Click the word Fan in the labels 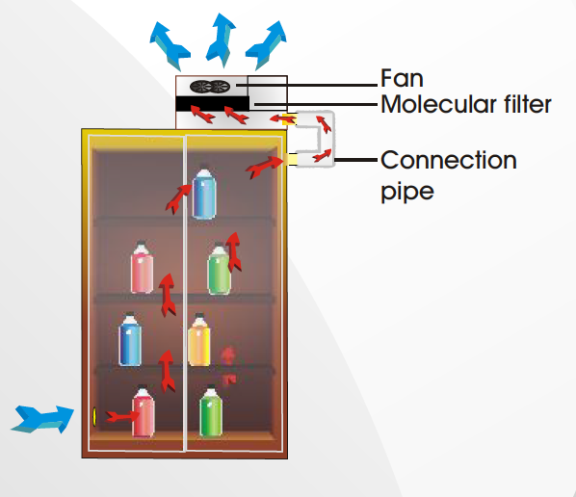click(x=402, y=78)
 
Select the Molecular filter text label click(x=465, y=104)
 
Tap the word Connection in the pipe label click(x=448, y=160)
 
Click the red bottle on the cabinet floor click(x=144, y=412)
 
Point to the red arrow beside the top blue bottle click(x=176, y=198)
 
